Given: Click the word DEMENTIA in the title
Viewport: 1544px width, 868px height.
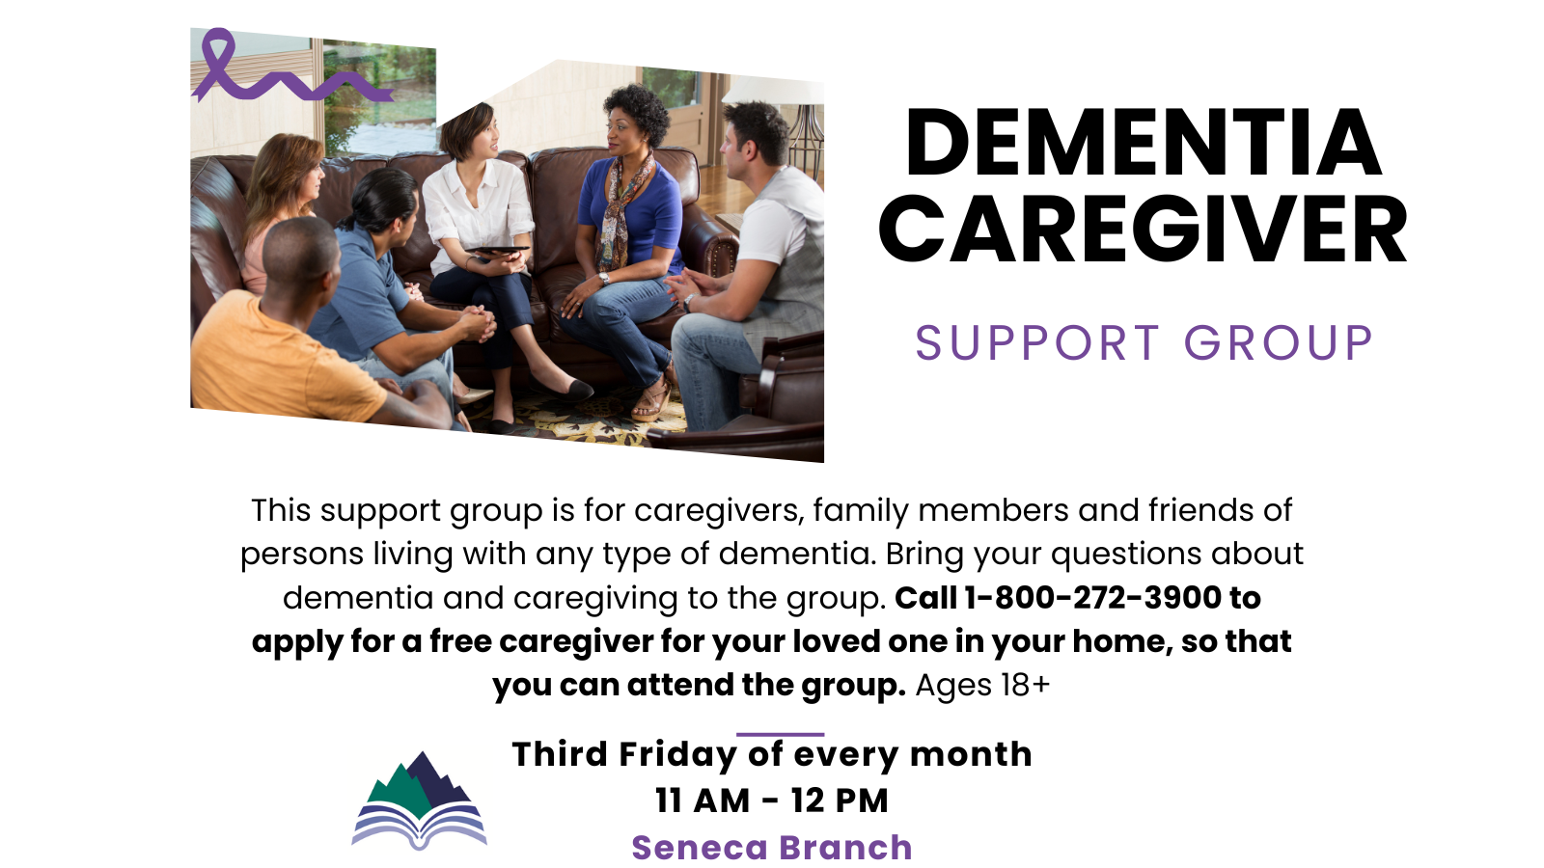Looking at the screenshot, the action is [x=1144, y=144].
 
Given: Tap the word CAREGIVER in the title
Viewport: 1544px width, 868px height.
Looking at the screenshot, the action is [x=1144, y=230].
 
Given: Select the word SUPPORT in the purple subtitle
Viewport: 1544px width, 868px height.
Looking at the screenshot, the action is [x=1037, y=343].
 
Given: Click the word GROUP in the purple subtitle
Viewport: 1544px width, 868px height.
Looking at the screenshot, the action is [x=1279, y=343].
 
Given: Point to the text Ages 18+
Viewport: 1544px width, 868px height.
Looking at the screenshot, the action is [x=983, y=686].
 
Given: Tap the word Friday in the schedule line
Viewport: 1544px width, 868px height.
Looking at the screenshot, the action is [x=678, y=754].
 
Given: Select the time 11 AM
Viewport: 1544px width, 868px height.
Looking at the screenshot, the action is [x=703, y=800].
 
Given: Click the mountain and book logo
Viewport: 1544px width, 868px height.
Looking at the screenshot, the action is [x=419, y=800].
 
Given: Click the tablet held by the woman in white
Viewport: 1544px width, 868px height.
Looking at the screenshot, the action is [x=498, y=250].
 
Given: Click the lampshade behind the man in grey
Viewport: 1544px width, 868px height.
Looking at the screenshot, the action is [x=776, y=91].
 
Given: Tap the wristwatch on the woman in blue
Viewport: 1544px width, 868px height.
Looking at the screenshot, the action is [x=604, y=278].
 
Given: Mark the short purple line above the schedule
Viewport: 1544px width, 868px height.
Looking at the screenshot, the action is [x=781, y=734].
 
